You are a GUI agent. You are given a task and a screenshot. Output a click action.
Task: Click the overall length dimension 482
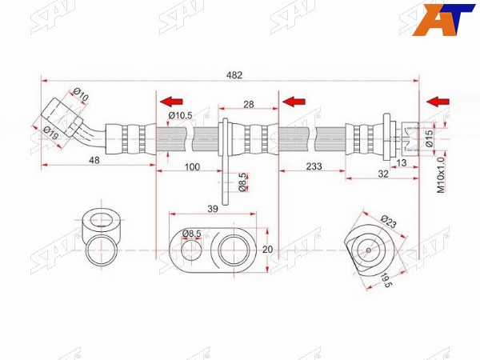pyautogui.click(x=234, y=75)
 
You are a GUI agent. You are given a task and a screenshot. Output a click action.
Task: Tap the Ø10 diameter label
pyautogui.click(x=81, y=94)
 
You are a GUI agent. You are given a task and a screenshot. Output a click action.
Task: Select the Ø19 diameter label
pyautogui.click(x=50, y=133)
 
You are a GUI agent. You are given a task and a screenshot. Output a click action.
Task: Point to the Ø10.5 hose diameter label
pyautogui.click(x=180, y=115)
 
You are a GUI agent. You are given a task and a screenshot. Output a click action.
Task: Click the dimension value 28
pyautogui.click(x=249, y=104)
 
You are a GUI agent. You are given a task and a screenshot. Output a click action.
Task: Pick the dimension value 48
pyautogui.click(x=94, y=160)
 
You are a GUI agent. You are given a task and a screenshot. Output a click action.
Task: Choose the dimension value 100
pyautogui.click(x=192, y=167)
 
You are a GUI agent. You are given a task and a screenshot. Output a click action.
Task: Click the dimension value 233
pyautogui.click(x=314, y=166)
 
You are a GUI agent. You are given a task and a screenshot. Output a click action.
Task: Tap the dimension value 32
pyautogui.click(x=383, y=174)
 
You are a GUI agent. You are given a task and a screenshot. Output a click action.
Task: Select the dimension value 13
pyautogui.click(x=402, y=162)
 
